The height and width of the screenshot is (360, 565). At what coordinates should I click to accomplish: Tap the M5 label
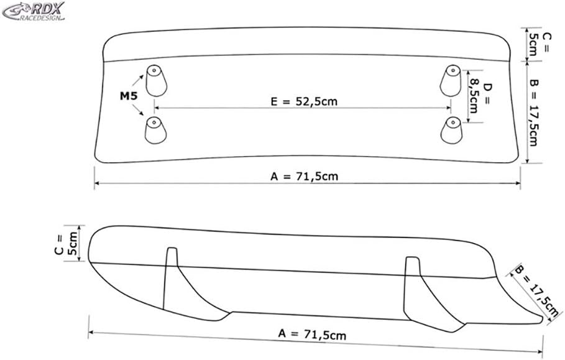click(x=129, y=96)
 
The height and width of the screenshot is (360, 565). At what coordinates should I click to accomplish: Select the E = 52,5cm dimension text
click(x=305, y=101)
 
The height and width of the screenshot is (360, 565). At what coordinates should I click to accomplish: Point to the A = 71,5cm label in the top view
click(x=304, y=176)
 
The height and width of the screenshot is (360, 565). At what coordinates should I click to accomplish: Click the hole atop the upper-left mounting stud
click(x=153, y=70)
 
